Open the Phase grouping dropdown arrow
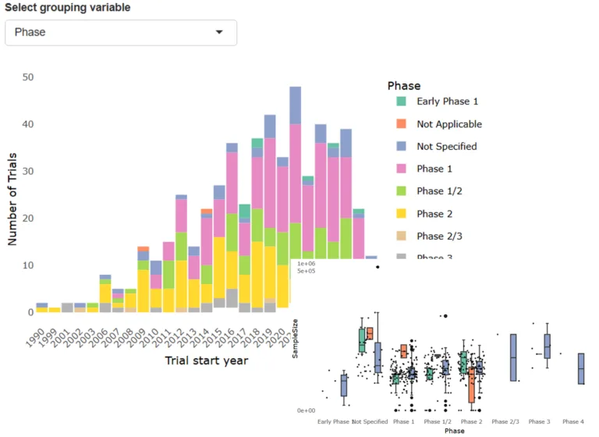[x=219, y=32]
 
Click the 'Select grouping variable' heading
[x=68, y=8]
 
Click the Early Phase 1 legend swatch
[x=401, y=101]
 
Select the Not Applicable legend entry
[x=448, y=124]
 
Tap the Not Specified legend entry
[x=446, y=146]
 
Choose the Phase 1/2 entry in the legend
[x=441, y=191]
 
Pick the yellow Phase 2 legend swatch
[x=401, y=213]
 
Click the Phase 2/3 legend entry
[x=441, y=236]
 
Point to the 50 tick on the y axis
[x=28, y=77]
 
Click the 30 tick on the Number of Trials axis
[x=28, y=172]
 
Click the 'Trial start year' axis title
[x=206, y=361]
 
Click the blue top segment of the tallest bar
[x=295, y=105]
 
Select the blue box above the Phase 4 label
[x=581, y=368]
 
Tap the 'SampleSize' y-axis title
[x=295, y=343]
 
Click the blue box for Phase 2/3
[x=513, y=357]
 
